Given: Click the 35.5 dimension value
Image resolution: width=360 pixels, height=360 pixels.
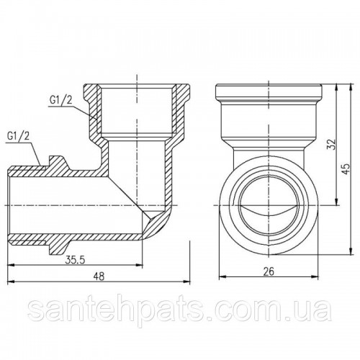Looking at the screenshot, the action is point(75,260).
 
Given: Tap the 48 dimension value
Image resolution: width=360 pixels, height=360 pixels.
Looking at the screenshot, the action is point(99,276).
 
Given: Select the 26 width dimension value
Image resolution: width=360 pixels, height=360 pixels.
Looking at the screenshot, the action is point(269,271).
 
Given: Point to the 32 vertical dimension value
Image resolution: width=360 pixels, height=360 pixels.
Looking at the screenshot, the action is point(332,145).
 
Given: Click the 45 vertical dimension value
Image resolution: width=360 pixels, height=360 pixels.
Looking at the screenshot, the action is point(346,168).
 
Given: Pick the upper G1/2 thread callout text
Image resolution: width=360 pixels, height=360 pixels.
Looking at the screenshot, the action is point(60,100).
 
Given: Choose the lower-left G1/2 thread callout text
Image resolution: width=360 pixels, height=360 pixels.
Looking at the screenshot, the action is point(18,136).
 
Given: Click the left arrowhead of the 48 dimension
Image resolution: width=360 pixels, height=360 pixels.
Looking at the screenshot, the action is point(11,282).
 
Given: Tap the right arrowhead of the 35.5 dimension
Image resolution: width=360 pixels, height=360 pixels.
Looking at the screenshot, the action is point(140,265).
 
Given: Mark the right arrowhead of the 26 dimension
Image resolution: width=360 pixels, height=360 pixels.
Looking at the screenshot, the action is point(315,276).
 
